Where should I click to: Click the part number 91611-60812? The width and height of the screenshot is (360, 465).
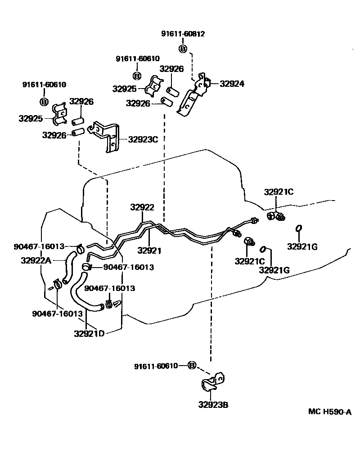(x=183, y=34)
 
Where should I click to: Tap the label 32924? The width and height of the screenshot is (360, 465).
(x=232, y=84)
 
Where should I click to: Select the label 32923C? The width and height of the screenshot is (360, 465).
(x=143, y=139)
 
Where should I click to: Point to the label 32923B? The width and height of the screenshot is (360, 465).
(x=213, y=405)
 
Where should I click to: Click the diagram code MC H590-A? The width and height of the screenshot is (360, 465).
(x=330, y=411)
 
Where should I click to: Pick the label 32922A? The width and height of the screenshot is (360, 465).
(x=36, y=260)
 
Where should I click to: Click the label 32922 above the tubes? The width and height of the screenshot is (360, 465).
(x=142, y=208)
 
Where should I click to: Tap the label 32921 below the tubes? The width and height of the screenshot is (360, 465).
(x=149, y=250)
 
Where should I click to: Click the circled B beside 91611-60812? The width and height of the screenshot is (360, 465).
(x=183, y=49)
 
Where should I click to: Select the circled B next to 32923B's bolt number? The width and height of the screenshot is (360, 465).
(x=192, y=365)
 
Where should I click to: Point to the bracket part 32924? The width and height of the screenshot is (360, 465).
(x=194, y=97)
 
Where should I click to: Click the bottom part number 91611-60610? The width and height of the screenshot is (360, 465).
(x=156, y=366)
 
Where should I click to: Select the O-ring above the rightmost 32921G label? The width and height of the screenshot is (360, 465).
(x=298, y=229)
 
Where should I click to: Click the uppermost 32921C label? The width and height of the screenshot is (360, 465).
(x=279, y=192)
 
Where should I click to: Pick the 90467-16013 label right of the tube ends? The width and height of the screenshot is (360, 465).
(x=129, y=267)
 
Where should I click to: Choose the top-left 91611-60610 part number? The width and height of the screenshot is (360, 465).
(x=45, y=85)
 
